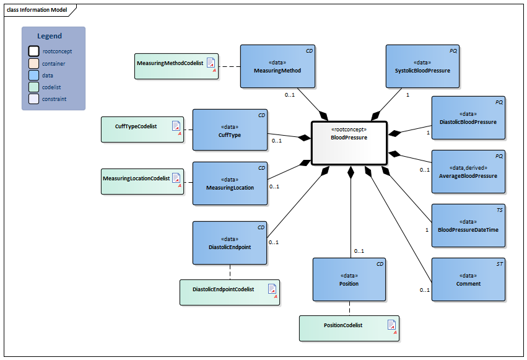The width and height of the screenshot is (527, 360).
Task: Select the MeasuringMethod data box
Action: (277, 66)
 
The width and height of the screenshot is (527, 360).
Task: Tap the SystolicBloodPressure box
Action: (422, 66)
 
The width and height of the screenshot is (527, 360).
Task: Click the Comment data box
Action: (468, 279)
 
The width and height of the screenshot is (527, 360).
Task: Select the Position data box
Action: (349, 279)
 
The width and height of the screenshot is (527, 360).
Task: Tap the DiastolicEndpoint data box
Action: (230, 243)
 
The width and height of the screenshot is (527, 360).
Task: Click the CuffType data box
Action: (230, 130)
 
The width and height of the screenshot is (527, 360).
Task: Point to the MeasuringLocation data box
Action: (230, 183)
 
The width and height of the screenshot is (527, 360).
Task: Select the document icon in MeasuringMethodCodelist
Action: (211, 63)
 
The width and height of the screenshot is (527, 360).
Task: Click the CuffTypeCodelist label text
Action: (136, 126)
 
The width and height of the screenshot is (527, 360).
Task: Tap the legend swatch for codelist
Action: (33, 87)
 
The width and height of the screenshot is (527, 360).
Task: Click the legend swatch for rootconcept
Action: (33, 51)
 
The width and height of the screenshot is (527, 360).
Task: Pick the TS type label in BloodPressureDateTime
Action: (500, 211)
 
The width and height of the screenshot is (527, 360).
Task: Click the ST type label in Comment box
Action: (500, 265)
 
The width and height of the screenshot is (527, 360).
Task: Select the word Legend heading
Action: (50, 36)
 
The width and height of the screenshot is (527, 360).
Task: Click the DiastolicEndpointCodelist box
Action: (230, 292)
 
